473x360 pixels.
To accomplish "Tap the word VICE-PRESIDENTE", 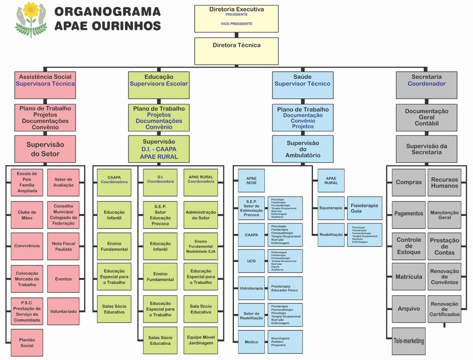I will [x=236, y=24].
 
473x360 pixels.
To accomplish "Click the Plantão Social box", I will [x=27, y=342].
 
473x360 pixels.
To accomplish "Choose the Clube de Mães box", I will [x=27, y=215].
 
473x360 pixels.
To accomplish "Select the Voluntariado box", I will [x=63, y=311].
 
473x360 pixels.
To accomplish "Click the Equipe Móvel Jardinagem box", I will [x=201, y=340].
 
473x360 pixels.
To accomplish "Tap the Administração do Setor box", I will [x=201, y=215].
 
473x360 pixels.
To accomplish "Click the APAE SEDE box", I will [x=251, y=180].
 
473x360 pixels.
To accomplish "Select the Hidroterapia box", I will [x=251, y=288].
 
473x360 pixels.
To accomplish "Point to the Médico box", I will [x=251, y=342].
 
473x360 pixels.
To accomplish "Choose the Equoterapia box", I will [x=331, y=208].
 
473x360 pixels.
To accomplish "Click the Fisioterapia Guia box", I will [x=363, y=208].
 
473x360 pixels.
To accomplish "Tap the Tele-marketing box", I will [x=409, y=341].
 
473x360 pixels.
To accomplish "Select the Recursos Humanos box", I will [x=445, y=183].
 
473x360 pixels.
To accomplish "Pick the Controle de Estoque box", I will [x=409, y=246].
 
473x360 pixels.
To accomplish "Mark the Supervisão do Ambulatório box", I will [x=303, y=149].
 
